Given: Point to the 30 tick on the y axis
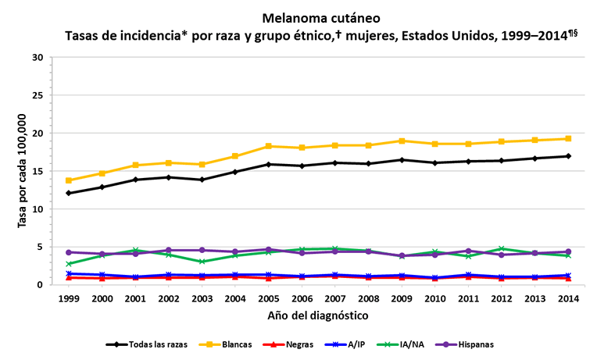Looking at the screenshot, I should [38, 58].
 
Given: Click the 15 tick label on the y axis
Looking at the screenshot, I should [38, 172].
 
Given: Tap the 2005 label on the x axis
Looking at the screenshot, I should [270, 299].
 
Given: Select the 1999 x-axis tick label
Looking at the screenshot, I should [69, 299].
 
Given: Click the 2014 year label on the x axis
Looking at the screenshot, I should [569, 299].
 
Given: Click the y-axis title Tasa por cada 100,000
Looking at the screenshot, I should [23, 170].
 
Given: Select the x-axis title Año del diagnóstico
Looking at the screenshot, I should [319, 315].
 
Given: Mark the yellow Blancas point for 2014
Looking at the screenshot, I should [569, 139].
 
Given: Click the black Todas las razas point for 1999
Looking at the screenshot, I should [69, 193].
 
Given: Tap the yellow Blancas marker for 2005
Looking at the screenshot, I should [270, 146].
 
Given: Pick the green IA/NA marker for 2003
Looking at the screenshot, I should [202, 262].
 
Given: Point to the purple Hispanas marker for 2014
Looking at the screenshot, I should [569, 251].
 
